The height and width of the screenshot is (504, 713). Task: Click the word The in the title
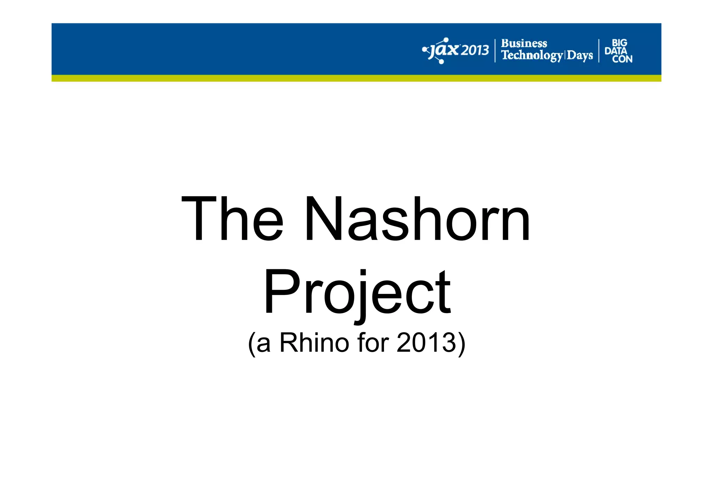tap(232, 219)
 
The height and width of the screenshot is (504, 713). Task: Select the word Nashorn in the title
tap(417, 219)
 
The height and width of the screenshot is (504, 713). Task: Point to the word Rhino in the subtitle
tap(314, 343)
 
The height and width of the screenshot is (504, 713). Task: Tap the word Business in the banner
tap(524, 44)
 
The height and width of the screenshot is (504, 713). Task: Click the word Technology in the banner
tap(532, 55)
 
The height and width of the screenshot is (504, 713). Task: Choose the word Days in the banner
tap(580, 55)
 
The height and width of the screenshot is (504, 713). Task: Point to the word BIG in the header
tap(619, 43)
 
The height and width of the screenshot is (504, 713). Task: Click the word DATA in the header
tap(616, 51)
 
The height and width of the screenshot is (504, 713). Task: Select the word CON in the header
tap(622, 59)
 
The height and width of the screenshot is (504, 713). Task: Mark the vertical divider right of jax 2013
tap(495, 51)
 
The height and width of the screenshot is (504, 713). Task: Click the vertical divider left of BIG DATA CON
tap(599, 51)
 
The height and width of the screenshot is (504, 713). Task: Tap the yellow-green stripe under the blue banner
tap(356, 78)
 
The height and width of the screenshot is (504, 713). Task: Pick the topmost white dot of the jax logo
tap(446, 40)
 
